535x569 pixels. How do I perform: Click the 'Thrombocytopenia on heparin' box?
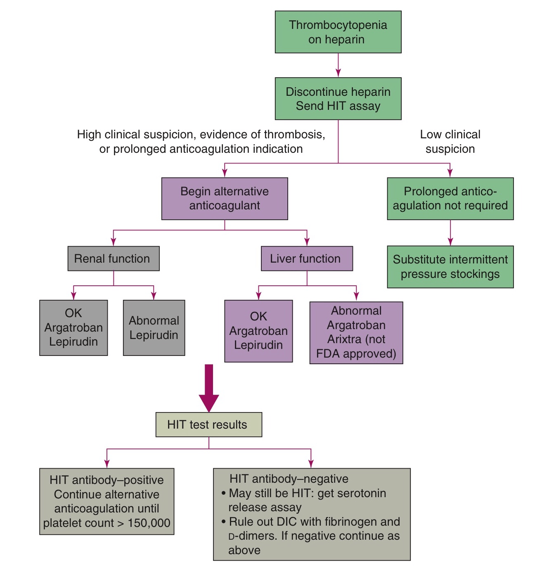pos(338,32)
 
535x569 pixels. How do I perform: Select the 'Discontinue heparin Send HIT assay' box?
pos(338,99)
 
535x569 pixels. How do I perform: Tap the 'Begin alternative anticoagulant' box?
pos(225,199)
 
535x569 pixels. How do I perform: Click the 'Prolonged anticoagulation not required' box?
pos(450,199)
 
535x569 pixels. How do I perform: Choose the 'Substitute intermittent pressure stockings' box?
pos(450,267)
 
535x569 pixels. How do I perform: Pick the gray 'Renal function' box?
pos(113,259)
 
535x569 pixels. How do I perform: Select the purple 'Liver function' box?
pos(307,259)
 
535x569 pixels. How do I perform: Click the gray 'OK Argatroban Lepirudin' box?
pos(73,328)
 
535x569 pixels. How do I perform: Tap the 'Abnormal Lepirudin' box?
pos(154,328)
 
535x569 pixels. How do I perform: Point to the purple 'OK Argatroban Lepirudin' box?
pos(258,331)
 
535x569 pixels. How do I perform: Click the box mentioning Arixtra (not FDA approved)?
pos(356,332)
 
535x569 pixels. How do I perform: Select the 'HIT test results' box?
pos(208,425)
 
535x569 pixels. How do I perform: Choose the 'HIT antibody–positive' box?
pos(107,501)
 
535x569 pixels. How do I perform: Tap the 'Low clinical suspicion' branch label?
pos(450,142)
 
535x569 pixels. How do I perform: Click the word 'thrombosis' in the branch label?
pos(294,135)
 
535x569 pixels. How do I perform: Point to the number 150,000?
pos(149,523)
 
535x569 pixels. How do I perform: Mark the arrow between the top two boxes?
pos(338,65)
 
